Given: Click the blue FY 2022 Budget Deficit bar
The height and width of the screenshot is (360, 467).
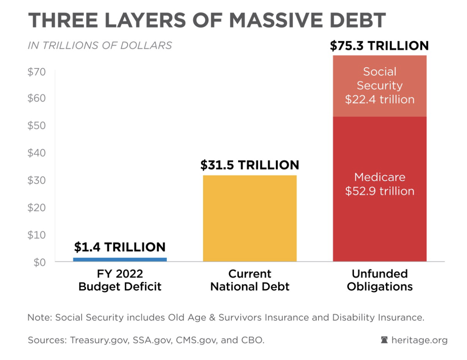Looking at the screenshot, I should [120, 260].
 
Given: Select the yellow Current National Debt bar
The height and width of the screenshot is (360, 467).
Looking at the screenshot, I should [250, 218].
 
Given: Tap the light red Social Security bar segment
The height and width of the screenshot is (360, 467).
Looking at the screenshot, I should [379, 86].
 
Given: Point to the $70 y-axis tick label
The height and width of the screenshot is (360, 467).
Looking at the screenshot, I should [36, 72].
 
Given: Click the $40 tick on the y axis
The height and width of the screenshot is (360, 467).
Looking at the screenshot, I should [36, 153].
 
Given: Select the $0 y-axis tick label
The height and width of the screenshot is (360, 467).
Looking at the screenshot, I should [39, 262].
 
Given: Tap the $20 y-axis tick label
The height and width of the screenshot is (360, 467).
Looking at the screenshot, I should [36, 207].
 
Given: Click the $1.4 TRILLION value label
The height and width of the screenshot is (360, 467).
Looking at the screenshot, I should [120, 247].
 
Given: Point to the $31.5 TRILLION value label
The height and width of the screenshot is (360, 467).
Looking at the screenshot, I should [250, 165].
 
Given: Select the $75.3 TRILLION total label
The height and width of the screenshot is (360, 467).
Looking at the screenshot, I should [379, 45].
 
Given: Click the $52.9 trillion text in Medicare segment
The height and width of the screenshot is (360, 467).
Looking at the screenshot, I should [379, 191].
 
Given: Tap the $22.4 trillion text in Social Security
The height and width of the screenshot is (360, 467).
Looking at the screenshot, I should [379, 99].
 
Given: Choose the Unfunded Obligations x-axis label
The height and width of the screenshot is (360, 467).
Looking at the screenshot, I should [379, 280].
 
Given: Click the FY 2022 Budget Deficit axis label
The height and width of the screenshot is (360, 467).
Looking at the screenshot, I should [120, 280].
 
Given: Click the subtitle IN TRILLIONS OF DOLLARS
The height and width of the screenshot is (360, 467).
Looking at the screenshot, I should [100, 45].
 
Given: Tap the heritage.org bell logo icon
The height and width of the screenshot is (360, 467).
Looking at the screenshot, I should [384, 340].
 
